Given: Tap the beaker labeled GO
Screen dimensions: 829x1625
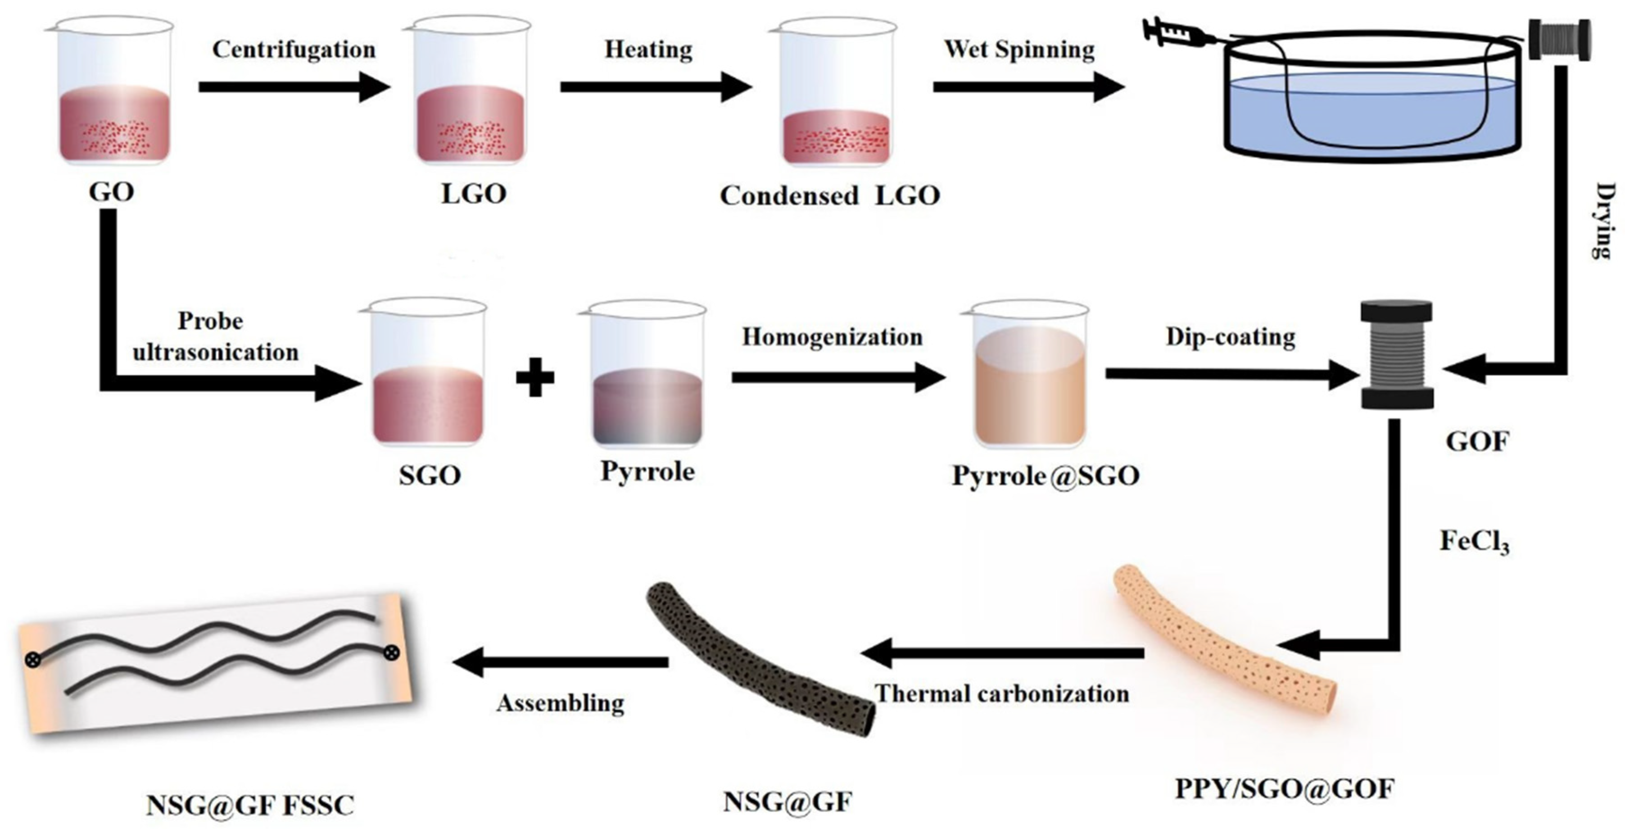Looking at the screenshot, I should [x=115, y=95].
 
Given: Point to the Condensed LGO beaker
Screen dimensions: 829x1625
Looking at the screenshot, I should [x=837, y=98].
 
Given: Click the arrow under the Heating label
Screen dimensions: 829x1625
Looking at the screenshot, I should [x=656, y=86].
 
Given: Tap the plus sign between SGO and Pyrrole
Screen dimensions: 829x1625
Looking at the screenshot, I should [x=535, y=377].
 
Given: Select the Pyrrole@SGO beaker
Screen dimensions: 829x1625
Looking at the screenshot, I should [x=1029, y=379].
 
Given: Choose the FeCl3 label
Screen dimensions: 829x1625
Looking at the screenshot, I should [x=1474, y=541].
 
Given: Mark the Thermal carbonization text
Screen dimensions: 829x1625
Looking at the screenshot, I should [x=1002, y=694].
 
